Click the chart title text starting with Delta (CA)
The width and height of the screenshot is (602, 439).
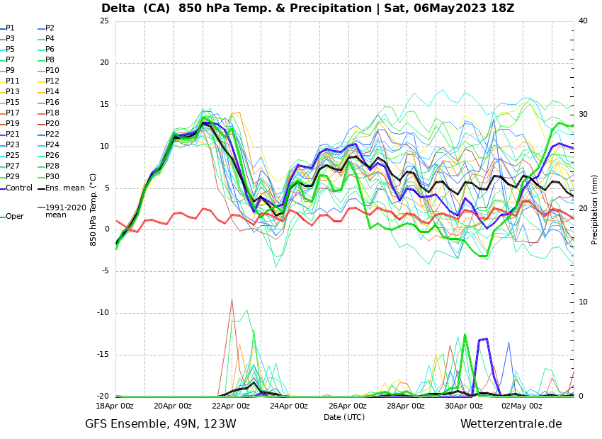307,8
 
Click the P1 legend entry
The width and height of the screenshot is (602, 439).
10,28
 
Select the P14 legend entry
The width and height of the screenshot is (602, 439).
52,92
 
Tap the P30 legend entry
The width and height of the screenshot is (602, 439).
52,177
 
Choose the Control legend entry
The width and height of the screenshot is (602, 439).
19,188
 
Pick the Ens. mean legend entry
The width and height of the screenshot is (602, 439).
65,188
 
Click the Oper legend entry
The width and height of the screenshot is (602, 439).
14,217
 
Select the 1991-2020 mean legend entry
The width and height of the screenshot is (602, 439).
65,211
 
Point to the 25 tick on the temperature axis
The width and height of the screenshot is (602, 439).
104,21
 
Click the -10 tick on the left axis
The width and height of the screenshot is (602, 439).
103,313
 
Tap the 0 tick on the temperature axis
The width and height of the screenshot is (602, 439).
106,229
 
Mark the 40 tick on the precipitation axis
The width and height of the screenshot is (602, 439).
583,21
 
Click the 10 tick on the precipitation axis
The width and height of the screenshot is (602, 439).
583,302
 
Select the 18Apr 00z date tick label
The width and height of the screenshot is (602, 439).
115,406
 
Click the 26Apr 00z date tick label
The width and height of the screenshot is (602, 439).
347,406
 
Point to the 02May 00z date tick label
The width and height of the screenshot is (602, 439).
521,406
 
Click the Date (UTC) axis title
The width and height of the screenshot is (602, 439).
344,417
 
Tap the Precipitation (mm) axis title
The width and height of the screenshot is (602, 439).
595,209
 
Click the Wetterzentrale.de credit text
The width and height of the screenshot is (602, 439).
511,424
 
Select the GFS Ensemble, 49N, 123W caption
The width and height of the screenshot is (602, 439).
161,424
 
